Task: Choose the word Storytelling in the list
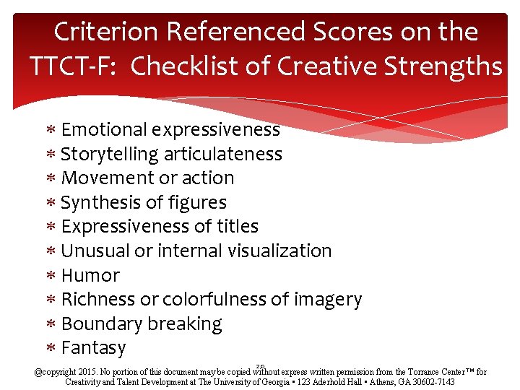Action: click(x=110, y=155)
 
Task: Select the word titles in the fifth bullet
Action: click(x=238, y=227)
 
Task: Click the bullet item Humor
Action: click(x=90, y=276)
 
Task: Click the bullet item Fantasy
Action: click(x=94, y=348)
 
